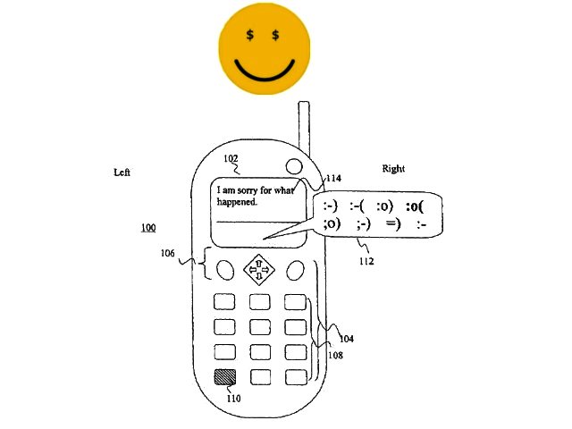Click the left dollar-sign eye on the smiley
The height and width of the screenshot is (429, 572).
coord(250,35)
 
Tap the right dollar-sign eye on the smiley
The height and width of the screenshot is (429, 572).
coord(275,35)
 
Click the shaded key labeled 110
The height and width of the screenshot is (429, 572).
coord(224,377)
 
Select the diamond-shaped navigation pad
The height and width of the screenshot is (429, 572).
coord(259,270)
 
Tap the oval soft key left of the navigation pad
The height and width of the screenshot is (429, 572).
coord(225,270)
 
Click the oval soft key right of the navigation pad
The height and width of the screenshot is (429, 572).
coord(295,270)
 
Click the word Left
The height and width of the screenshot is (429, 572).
coord(122,172)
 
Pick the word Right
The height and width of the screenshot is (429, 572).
coord(393,169)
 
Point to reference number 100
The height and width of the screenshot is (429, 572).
coord(148,228)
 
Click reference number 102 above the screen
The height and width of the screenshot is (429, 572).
coord(231,158)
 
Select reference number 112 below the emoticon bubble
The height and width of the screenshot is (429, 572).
coord(366,261)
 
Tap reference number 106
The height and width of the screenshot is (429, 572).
coord(168,253)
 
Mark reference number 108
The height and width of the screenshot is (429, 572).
coord(336,355)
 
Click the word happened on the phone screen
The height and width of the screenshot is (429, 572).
coord(237,202)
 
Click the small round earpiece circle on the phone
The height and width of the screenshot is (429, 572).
coord(294,166)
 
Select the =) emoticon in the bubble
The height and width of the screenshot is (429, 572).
coord(393,223)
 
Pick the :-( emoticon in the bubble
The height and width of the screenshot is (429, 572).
coord(357,206)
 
